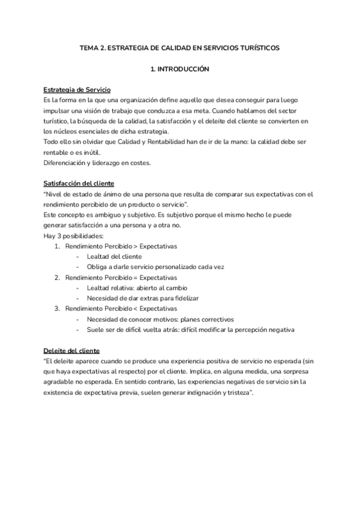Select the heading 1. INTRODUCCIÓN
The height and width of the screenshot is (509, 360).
point(179,70)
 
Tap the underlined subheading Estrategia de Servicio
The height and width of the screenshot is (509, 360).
point(77,89)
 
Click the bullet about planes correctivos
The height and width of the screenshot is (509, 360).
point(160,319)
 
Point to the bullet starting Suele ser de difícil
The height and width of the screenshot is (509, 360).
point(190,330)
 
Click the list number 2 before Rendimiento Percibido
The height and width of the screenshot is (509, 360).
point(57,277)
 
